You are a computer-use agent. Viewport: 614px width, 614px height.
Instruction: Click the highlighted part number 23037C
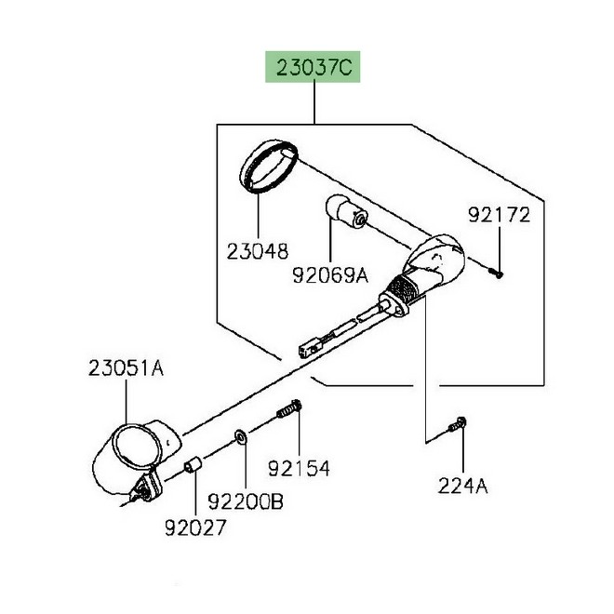coord(313,69)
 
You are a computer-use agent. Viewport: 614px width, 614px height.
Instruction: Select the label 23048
coord(257,251)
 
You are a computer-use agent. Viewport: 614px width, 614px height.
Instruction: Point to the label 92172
coord(499,216)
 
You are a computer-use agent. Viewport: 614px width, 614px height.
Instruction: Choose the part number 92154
coord(299,467)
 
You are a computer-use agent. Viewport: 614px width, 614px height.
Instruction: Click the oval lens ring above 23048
coord(268,165)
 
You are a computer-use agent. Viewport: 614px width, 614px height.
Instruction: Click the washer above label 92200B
coord(241,434)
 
